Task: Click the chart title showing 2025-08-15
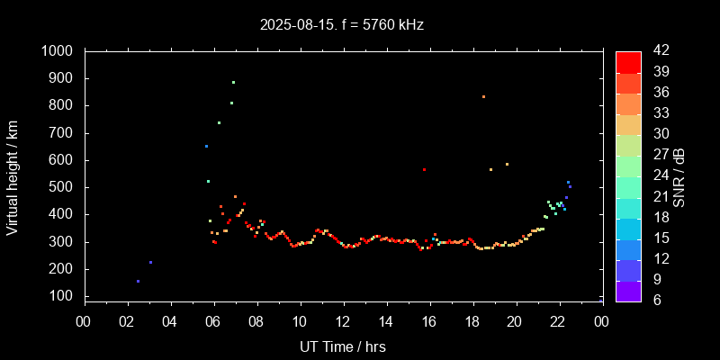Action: click(342, 25)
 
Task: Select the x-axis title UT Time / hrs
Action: click(342, 346)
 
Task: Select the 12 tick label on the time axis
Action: click(343, 321)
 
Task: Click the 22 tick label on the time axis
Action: click(559, 321)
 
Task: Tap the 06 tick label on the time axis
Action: click(213, 321)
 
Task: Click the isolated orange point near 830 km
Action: click(483, 96)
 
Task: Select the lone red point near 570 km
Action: click(424, 169)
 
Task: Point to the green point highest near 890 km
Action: click(233, 82)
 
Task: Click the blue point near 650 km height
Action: click(206, 146)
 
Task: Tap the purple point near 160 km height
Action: click(138, 281)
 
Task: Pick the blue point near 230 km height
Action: click(150, 262)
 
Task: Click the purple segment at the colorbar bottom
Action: click(628, 291)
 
